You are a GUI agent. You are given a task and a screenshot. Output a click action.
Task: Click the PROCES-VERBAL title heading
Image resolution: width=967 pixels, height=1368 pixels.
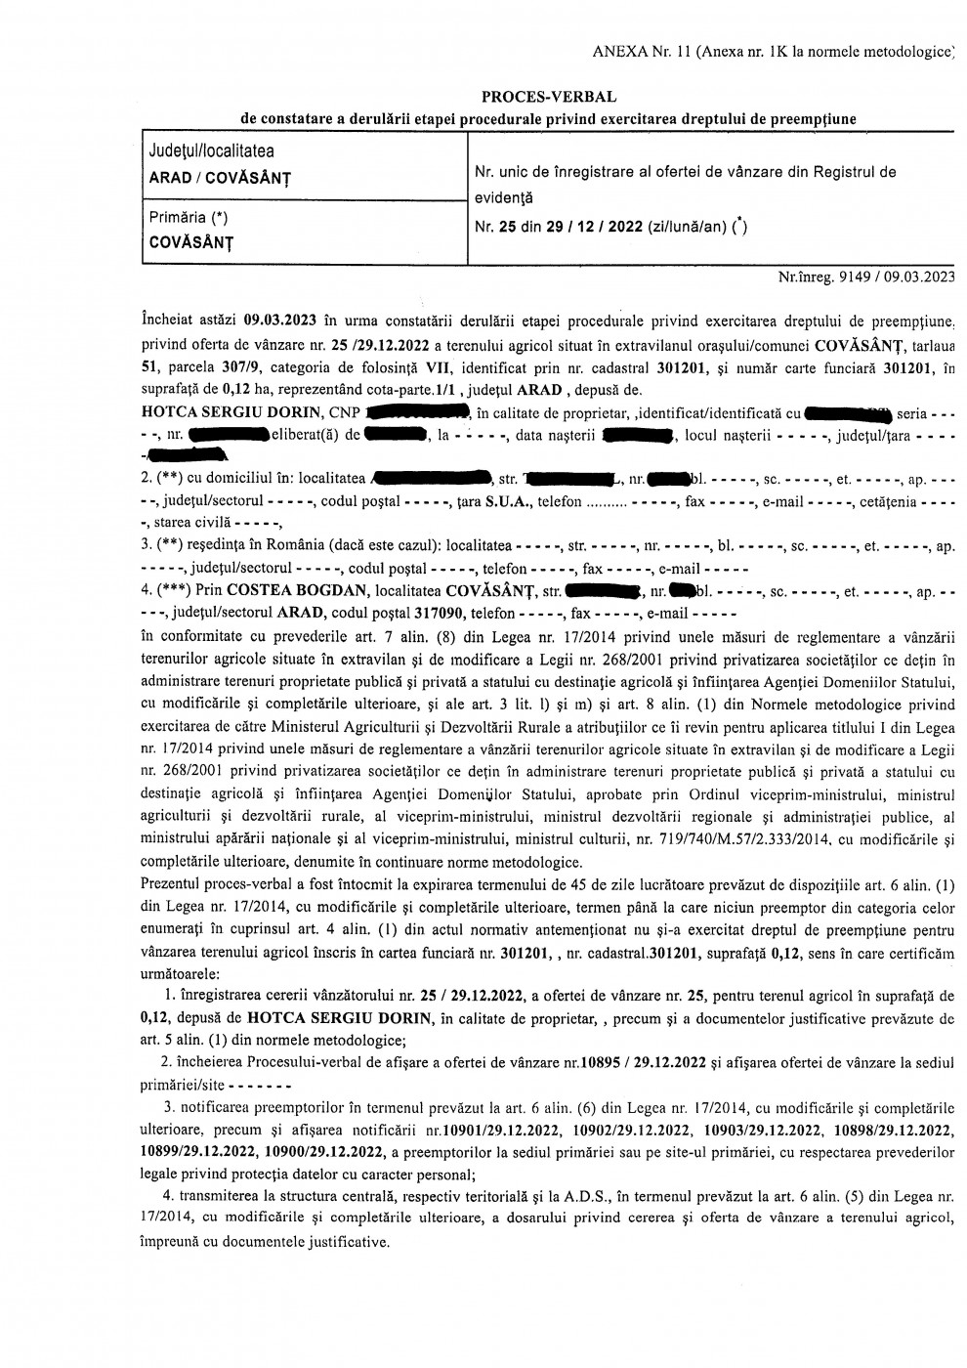pyautogui.click(x=549, y=97)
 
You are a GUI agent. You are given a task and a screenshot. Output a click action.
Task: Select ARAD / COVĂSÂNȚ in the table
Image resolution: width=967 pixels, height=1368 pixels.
pyautogui.click(x=219, y=179)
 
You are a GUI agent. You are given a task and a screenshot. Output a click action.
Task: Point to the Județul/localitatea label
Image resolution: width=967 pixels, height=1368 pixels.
pyautogui.click(x=211, y=151)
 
